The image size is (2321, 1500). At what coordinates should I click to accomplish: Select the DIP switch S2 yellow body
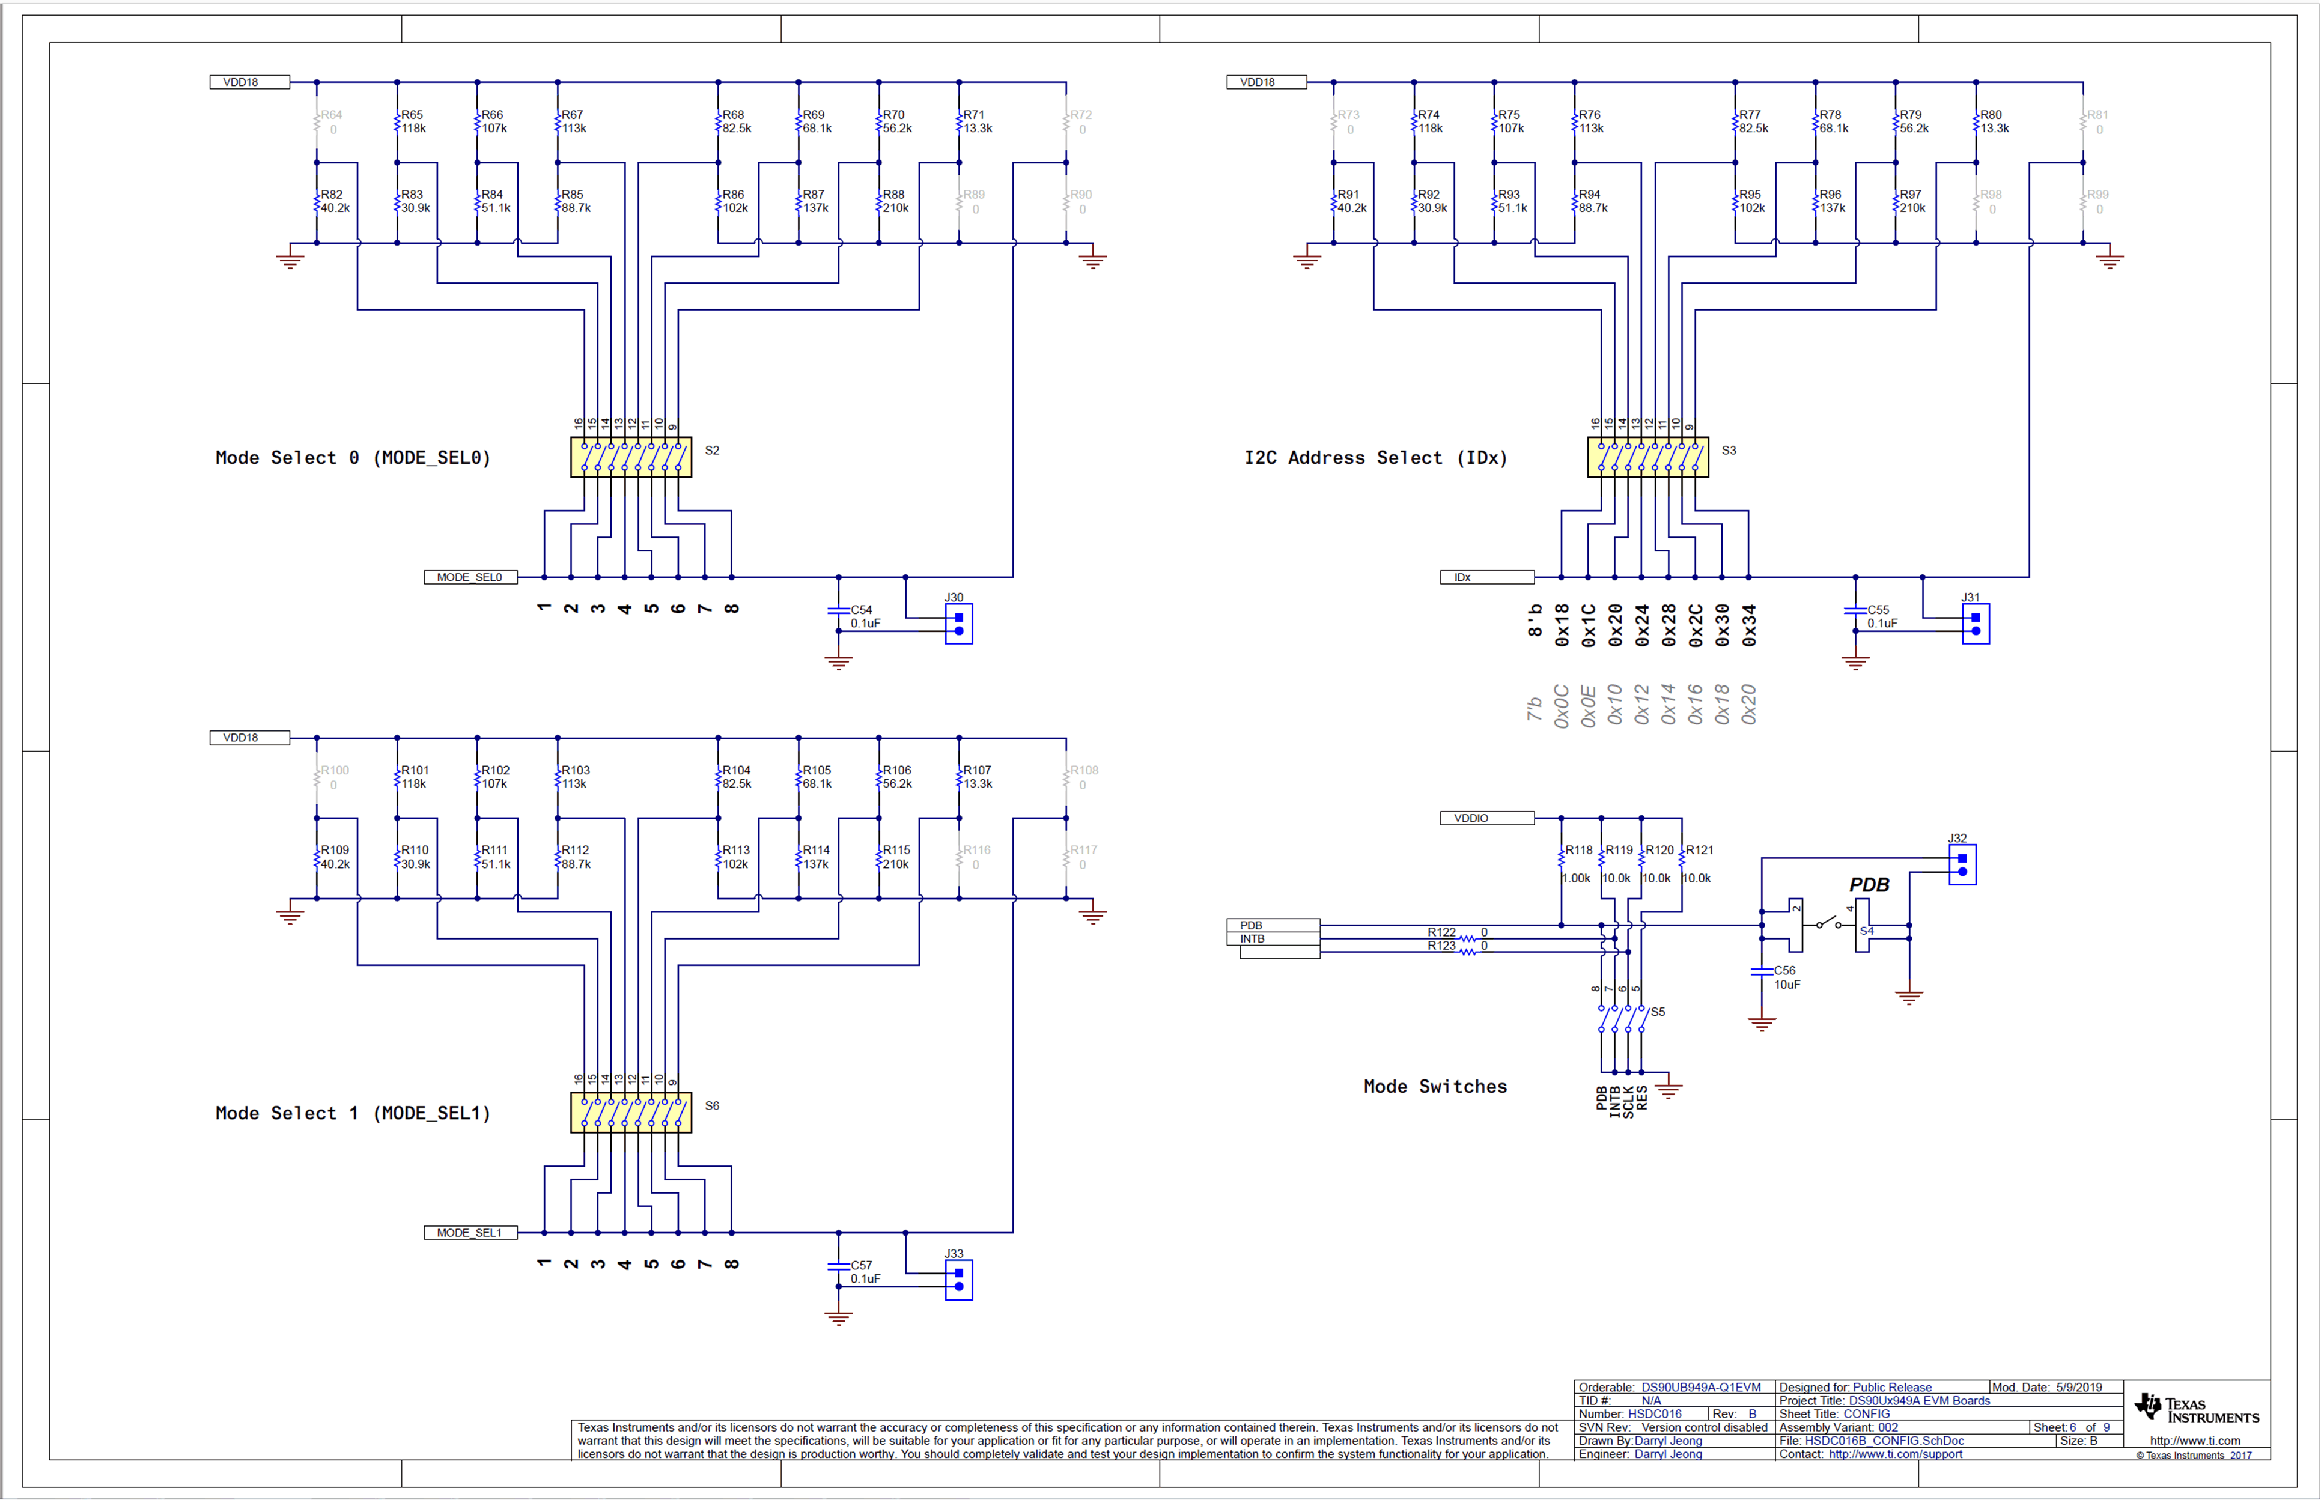pyautogui.click(x=631, y=457)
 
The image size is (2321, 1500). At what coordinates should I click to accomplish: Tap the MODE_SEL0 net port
pyautogui.click(x=469, y=578)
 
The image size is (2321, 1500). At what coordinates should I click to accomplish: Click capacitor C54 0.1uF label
pyautogui.click(x=865, y=616)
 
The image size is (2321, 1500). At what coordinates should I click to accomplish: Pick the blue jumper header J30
pyautogui.click(x=958, y=624)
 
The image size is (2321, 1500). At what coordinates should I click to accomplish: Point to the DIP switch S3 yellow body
pyautogui.click(x=1648, y=457)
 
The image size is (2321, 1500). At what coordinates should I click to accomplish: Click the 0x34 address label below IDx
pyautogui.click(x=1749, y=625)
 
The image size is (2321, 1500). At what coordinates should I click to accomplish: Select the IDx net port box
pyautogui.click(x=1486, y=578)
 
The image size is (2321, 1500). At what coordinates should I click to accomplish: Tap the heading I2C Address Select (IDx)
pyautogui.click(x=1375, y=458)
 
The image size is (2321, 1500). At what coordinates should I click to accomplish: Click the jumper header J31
pyautogui.click(x=1976, y=624)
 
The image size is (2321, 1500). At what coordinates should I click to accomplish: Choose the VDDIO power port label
pyautogui.click(x=1486, y=818)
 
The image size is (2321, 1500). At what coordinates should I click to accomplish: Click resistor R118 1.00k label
pyautogui.click(x=1577, y=864)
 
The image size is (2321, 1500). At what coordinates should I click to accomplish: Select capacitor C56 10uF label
pyautogui.click(x=1786, y=977)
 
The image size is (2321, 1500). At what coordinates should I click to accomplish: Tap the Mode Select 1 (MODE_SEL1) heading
pyautogui.click(x=353, y=1113)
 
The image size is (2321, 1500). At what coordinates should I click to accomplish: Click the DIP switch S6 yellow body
pyautogui.click(x=631, y=1113)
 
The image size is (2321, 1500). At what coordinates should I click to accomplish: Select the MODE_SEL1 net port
pyautogui.click(x=469, y=1233)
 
